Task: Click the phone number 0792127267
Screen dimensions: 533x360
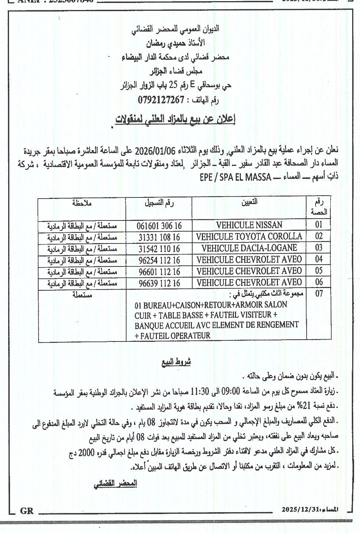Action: click(x=161, y=100)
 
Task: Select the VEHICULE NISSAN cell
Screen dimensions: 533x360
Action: click(x=249, y=225)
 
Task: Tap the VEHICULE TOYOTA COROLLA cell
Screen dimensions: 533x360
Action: click(x=249, y=236)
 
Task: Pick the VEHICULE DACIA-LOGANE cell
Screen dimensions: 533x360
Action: click(x=249, y=248)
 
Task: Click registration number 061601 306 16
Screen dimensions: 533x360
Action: click(x=159, y=226)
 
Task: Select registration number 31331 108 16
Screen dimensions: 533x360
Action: click(x=159, y=237)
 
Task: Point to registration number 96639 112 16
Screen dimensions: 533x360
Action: click(x=159, y=283)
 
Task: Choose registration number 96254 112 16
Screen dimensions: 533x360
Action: click(x=159, y=260)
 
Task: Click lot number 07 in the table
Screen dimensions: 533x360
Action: click(x=319, y=294)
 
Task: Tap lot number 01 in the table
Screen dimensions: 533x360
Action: click(x=319, y=225)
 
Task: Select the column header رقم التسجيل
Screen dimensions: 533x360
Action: click(x=159, y=203)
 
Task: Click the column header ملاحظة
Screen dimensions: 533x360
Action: click(x=82, y=203)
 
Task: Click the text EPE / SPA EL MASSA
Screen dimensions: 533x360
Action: click(x=235, y=177)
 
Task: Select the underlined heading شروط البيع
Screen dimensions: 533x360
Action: click(x=176, y=362)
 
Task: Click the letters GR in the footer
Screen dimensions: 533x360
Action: click(x=27, y=511)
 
